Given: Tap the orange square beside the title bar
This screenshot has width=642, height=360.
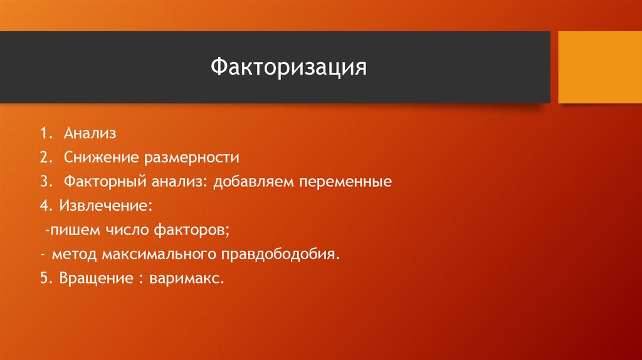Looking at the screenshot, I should click(600, 67).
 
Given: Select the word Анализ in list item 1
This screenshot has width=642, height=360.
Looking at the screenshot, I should click(89, 134).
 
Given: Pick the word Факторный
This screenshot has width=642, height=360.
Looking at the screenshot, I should click(103, 182).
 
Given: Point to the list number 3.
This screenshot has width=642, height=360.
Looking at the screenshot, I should click(45, 182).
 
